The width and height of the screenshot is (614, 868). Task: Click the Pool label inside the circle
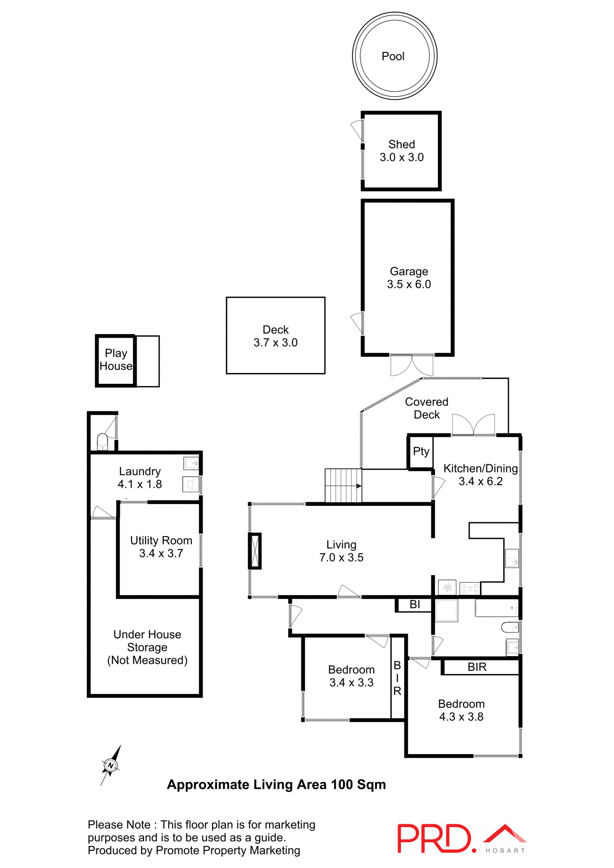393,57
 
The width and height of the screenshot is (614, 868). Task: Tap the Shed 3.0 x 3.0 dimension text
401,157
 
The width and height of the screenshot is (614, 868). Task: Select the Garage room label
409,271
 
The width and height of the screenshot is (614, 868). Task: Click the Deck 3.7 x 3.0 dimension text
275,343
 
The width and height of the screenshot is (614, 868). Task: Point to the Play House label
116,359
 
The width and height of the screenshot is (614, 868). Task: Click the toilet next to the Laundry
102,441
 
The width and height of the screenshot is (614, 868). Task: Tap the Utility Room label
161,540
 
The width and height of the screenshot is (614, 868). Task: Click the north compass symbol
110,765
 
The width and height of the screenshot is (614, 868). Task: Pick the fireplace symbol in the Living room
255,551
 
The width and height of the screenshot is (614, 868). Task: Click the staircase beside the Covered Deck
343,486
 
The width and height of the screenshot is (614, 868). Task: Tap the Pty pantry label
421,451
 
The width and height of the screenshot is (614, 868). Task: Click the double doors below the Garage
412,365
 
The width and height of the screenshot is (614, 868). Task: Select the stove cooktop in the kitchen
470,589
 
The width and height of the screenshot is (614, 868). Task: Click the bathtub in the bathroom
496,608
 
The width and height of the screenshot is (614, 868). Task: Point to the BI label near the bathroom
414,604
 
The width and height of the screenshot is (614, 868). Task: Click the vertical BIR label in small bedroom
397,678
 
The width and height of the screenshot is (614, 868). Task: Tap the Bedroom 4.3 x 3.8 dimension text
461,717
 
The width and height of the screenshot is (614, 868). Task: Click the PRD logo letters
433,839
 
